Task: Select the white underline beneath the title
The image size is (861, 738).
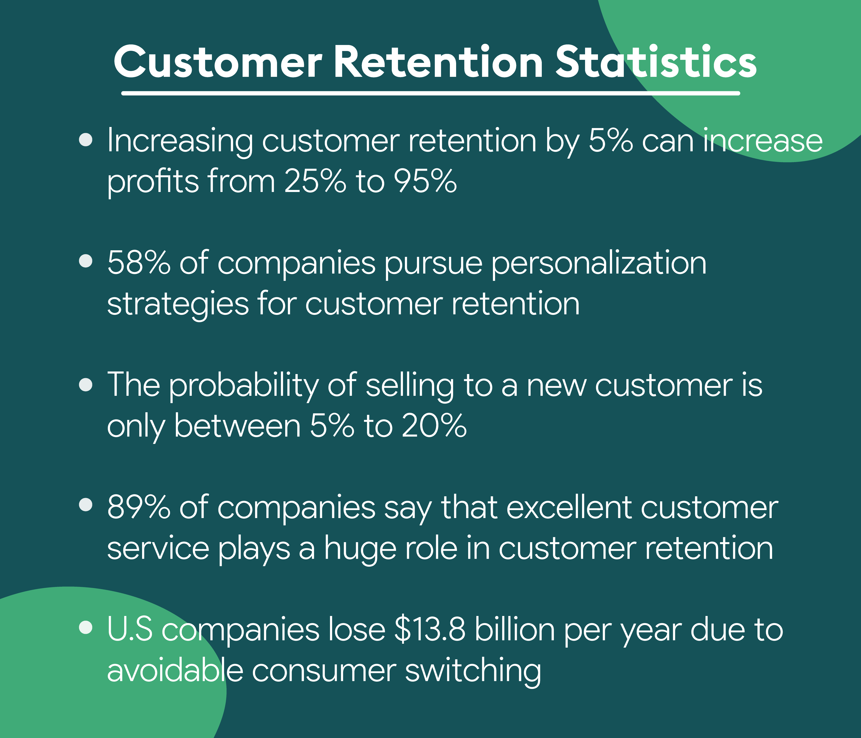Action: (430, 93)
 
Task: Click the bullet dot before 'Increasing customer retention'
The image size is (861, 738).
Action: (86, 140)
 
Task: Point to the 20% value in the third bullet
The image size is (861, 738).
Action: (434, 426)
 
